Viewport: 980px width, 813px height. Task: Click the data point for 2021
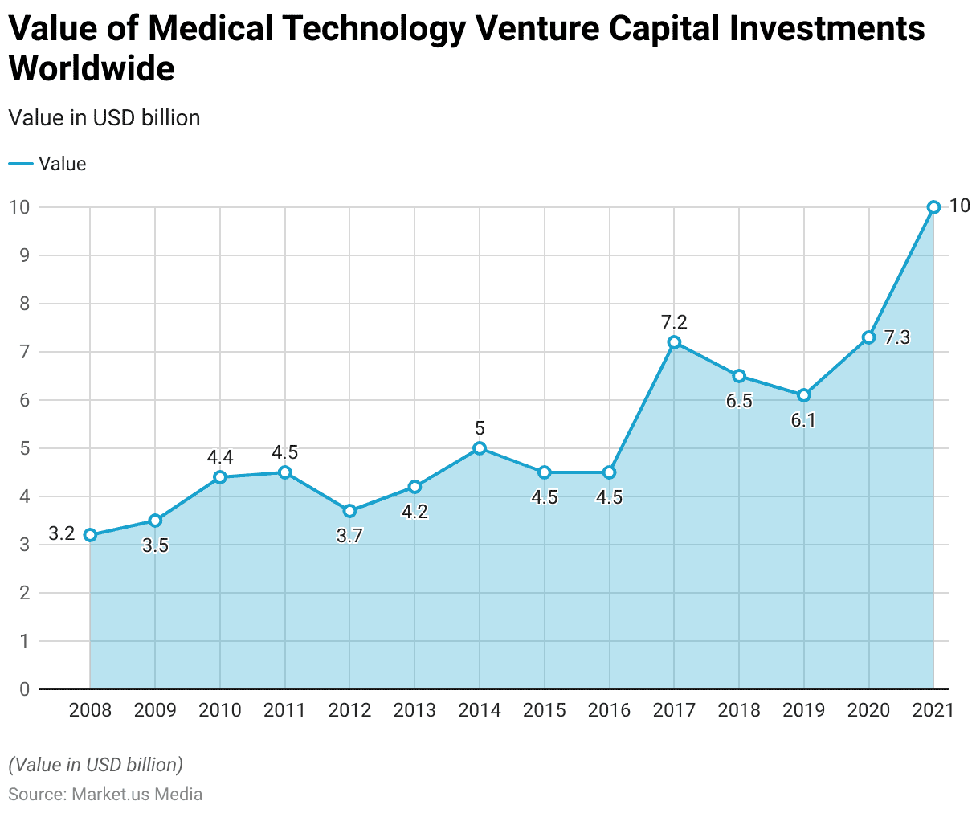[x=933, y=207]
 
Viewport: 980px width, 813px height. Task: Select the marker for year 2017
[x=674, y=342]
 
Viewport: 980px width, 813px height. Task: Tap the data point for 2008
[x=90, y=535]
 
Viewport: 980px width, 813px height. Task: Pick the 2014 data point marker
[x=480, y=448]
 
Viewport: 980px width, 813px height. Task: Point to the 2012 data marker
[x=349, y=511]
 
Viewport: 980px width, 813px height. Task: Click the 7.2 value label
[x=674, y=322]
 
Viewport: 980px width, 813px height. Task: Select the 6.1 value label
[x=803, y=419]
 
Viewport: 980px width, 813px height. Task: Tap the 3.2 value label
[x=61, y=533]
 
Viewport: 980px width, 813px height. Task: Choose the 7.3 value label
[x=896, y=337]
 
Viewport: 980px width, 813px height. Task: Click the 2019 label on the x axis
[x=803, y=710]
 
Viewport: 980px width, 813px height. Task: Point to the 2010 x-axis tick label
[x=219, y=710]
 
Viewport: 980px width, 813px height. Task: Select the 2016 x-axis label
[x=609, y=710]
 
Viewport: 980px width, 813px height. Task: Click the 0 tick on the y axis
[x=24, y=689]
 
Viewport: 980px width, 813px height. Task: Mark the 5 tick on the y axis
[x=24, y=448]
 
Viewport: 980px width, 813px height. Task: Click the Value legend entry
[x=47, y=164]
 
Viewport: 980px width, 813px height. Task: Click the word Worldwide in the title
[x=92, y=68]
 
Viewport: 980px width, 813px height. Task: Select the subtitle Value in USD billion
[x=104, y=118]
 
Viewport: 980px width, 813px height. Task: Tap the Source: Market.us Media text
[x=105, y=795]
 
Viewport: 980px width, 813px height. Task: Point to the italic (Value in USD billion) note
[x=96, y=764]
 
